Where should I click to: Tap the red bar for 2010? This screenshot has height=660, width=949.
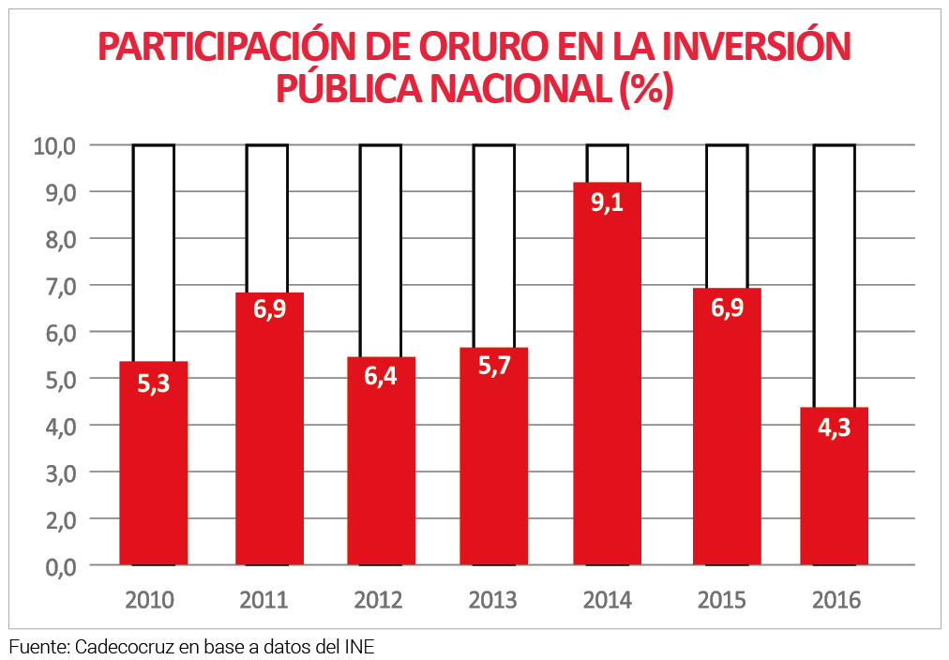[153, 463]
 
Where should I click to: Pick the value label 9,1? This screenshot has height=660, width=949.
[607, 202]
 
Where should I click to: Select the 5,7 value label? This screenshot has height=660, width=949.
[493, 367]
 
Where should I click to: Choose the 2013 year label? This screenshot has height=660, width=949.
[493, 600]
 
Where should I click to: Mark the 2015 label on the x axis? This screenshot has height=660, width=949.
[723, 600]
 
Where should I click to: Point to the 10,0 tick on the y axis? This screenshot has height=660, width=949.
[58, 145]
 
